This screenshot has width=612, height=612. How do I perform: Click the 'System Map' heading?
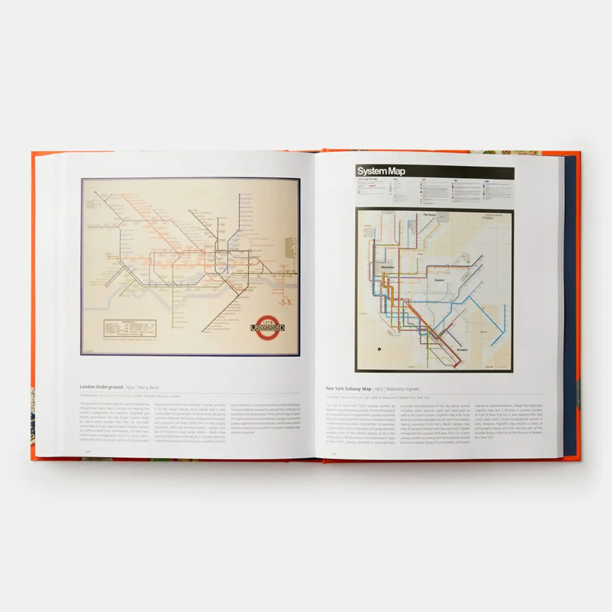[381, 171]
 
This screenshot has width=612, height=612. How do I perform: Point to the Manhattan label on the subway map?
[388, 267]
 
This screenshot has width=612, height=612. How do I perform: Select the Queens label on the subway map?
[440, 280]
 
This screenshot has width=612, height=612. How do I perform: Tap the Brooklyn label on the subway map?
[463, 350]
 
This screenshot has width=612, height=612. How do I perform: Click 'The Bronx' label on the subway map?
[429, 215]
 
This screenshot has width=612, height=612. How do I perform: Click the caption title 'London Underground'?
[101, 387]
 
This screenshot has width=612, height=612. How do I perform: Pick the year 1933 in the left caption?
[130, 388]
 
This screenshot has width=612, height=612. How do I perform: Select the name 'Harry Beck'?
[148, 388]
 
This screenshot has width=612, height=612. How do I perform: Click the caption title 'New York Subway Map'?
[348, 389]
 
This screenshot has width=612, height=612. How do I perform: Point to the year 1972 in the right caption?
[379, 389]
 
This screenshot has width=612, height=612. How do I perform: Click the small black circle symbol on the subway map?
[379, 349]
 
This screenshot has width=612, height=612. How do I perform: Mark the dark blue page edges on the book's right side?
[570, 305]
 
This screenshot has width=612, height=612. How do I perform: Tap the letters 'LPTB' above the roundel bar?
[268, 321]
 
